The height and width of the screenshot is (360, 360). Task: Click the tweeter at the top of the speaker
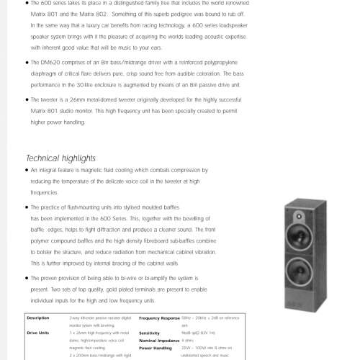pyautogui.click(x=298, y=215)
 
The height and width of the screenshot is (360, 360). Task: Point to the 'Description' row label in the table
pyautogui.click(x=37, y=318)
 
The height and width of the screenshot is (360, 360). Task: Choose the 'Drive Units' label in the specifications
pyautogui.click(x=38, y=333)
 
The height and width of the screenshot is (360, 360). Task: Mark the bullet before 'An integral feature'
pyautogui.click(x=27, y=171)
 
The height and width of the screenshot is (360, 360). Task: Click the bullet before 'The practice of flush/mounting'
pyautogui.click(x=27, y=207)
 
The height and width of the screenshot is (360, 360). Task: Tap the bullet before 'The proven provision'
pyautogui.click(x=27, y=276)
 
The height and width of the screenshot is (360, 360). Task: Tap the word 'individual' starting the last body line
pyautogui.click(x=42, y=300)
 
